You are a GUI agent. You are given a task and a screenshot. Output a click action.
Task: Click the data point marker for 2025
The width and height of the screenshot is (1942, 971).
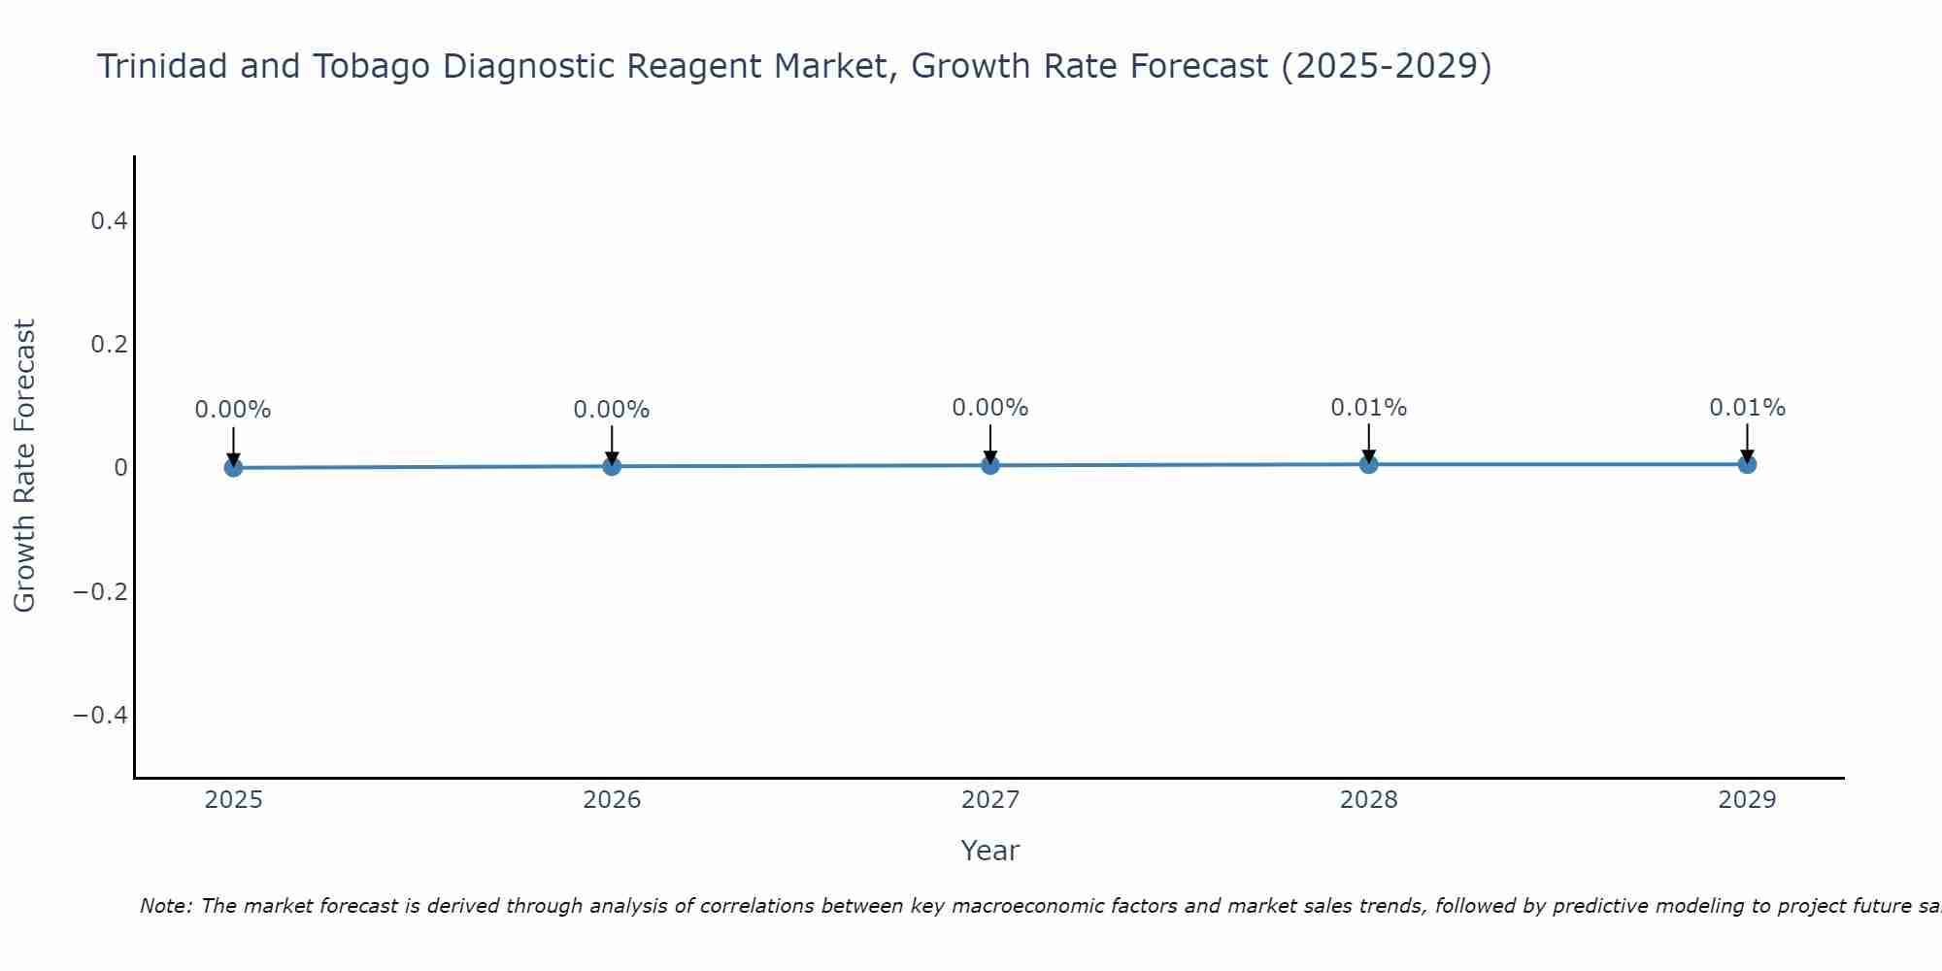pos(233,467)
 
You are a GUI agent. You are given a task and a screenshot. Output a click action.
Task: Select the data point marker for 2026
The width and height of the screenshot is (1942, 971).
pos(612,466)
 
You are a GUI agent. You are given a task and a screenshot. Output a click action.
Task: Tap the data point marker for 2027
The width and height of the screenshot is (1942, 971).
pos(990,465)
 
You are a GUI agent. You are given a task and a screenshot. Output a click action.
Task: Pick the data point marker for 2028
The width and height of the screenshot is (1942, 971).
pos(1369,464)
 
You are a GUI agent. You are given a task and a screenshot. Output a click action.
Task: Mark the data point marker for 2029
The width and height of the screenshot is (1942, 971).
pos(1747,464)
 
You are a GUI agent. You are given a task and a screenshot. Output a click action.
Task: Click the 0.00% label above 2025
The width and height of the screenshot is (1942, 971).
pos(233,410)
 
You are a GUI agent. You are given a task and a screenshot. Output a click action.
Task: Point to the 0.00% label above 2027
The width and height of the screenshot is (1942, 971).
pos(990,408)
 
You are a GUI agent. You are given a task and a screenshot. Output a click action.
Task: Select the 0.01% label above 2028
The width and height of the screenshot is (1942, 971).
pos(1369,408)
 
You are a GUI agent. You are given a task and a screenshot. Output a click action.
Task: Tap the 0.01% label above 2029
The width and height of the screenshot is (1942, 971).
pos(1747,408)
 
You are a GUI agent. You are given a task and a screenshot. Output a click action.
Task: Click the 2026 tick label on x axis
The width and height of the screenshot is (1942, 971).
pos(612,800)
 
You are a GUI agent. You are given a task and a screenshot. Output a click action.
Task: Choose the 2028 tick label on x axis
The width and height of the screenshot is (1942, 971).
pos(1369,800)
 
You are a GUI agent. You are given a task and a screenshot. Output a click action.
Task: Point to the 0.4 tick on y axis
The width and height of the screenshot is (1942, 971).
pos(109,221)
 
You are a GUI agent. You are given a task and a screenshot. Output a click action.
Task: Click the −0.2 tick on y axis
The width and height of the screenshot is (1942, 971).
pos(101,591)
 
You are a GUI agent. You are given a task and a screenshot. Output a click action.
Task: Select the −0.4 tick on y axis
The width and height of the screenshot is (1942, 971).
pos(101,715)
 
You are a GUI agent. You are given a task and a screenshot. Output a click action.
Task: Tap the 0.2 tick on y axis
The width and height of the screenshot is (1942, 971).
pos(109,345)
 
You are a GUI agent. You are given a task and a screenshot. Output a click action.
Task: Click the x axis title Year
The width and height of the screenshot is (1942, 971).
pos(989,851)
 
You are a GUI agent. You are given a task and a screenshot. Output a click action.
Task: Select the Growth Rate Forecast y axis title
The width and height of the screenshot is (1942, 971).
pos(24,466)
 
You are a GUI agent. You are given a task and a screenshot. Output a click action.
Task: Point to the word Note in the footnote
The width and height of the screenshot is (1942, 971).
pos(165,906)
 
